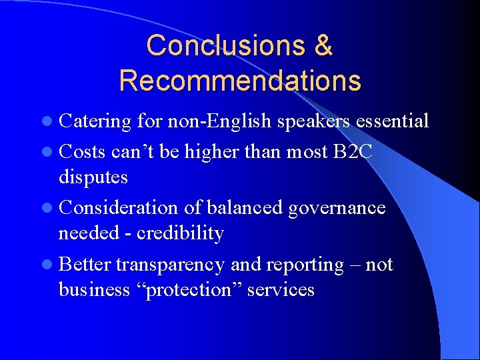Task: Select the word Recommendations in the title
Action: tap(240, 80)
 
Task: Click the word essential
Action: tap(392, 121)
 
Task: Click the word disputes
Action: tap(93, 177)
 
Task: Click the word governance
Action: tap(337, 208)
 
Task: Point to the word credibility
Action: tap(179, 233)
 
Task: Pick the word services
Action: tap(281, 290)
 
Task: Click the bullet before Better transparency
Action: tap(51, 265)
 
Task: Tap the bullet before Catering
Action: tap(51, 122)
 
